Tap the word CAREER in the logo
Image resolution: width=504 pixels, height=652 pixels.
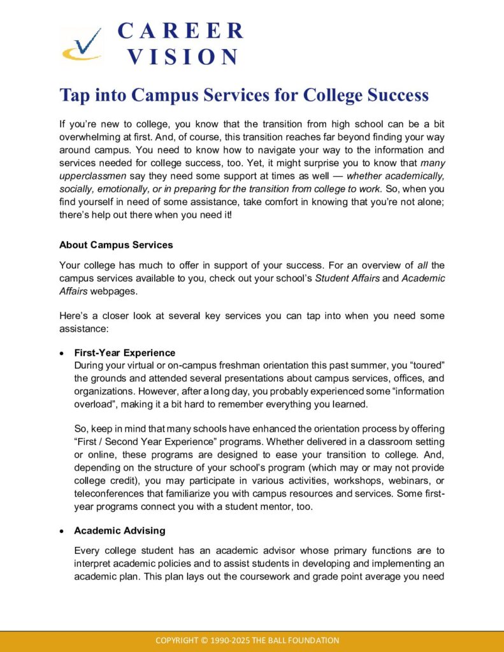pyautogui.click(x=181, y=31)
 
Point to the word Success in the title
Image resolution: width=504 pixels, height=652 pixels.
pyautogui.click(x=398, y=96)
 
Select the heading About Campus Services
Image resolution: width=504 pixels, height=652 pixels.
pyautogui.click(x=116, y=244)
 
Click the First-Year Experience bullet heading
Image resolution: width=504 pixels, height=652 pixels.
pyautogui.click(x=124, y=353)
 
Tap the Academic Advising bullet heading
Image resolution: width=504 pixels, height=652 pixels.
pyautogui.click(x=119, y=530)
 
